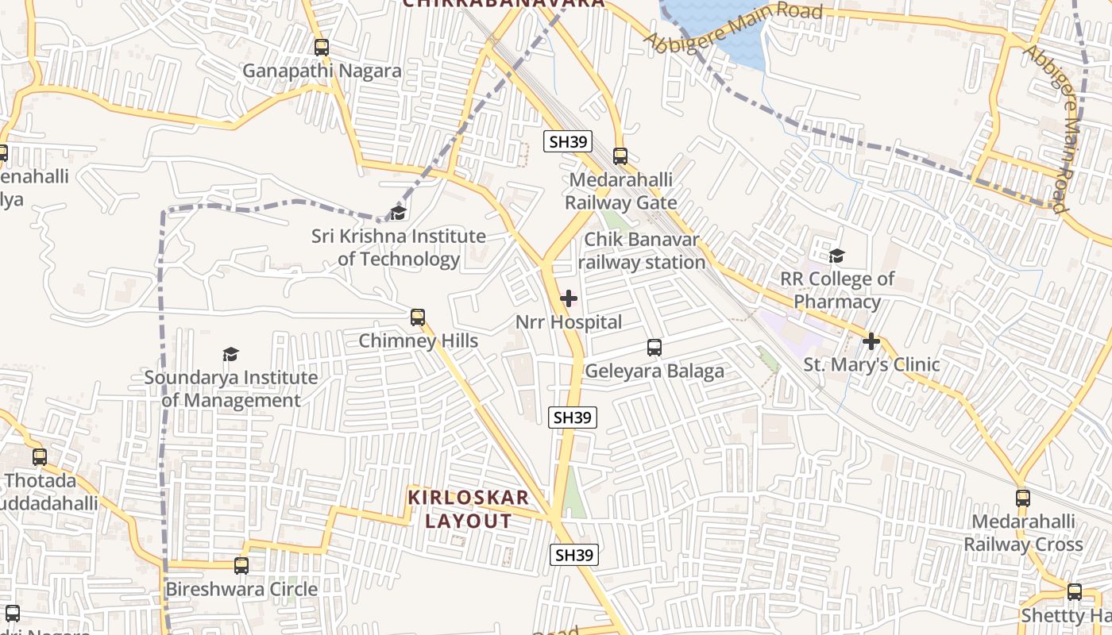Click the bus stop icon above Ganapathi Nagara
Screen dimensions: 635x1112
click(322, 47)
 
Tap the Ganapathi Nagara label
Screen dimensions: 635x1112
click(322, 71)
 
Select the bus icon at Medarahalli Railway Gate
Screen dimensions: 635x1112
click(620, 156)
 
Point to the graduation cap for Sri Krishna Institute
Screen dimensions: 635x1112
click(398, 213)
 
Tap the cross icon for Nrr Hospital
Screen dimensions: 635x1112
click(569, 298)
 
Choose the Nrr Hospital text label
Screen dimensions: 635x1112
click(569, 322)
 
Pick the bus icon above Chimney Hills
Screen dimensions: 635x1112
click(418, 317)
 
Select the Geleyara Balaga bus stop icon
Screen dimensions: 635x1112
click(654, 347)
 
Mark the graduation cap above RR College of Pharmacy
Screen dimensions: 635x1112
click(836, 256)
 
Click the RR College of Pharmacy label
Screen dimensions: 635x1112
click(837, 291)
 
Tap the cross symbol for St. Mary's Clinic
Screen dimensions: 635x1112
click(871, 341)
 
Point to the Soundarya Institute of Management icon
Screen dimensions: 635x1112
click(230, 354)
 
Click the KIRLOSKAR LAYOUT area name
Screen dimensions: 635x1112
click(469, 510)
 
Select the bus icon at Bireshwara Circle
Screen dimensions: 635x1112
click(241, 566)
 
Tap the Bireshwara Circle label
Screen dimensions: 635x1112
click(241, 590)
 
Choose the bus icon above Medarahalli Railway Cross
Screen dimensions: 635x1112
click(1023, 498)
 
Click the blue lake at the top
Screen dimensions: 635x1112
click(715, 24)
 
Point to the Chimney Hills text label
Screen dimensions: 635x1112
click(419, 341)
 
